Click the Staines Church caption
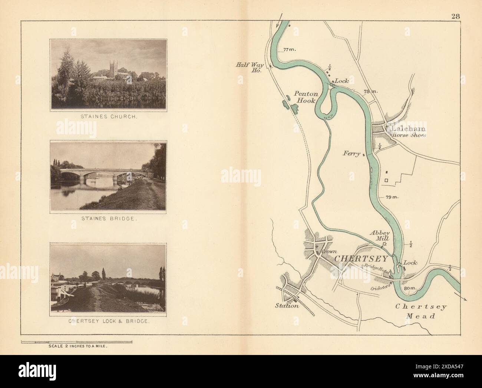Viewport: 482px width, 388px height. (x=109, y=116)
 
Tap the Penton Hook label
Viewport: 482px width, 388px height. (x=305, y=97)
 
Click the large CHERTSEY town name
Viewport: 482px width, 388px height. (x=361, y=259)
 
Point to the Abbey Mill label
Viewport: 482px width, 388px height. (x=379, y=236)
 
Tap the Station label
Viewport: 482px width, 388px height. (x=287, y=306)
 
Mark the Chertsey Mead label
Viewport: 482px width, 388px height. (x=421, y=311)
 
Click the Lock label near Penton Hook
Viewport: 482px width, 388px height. (x=342, y=80)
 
